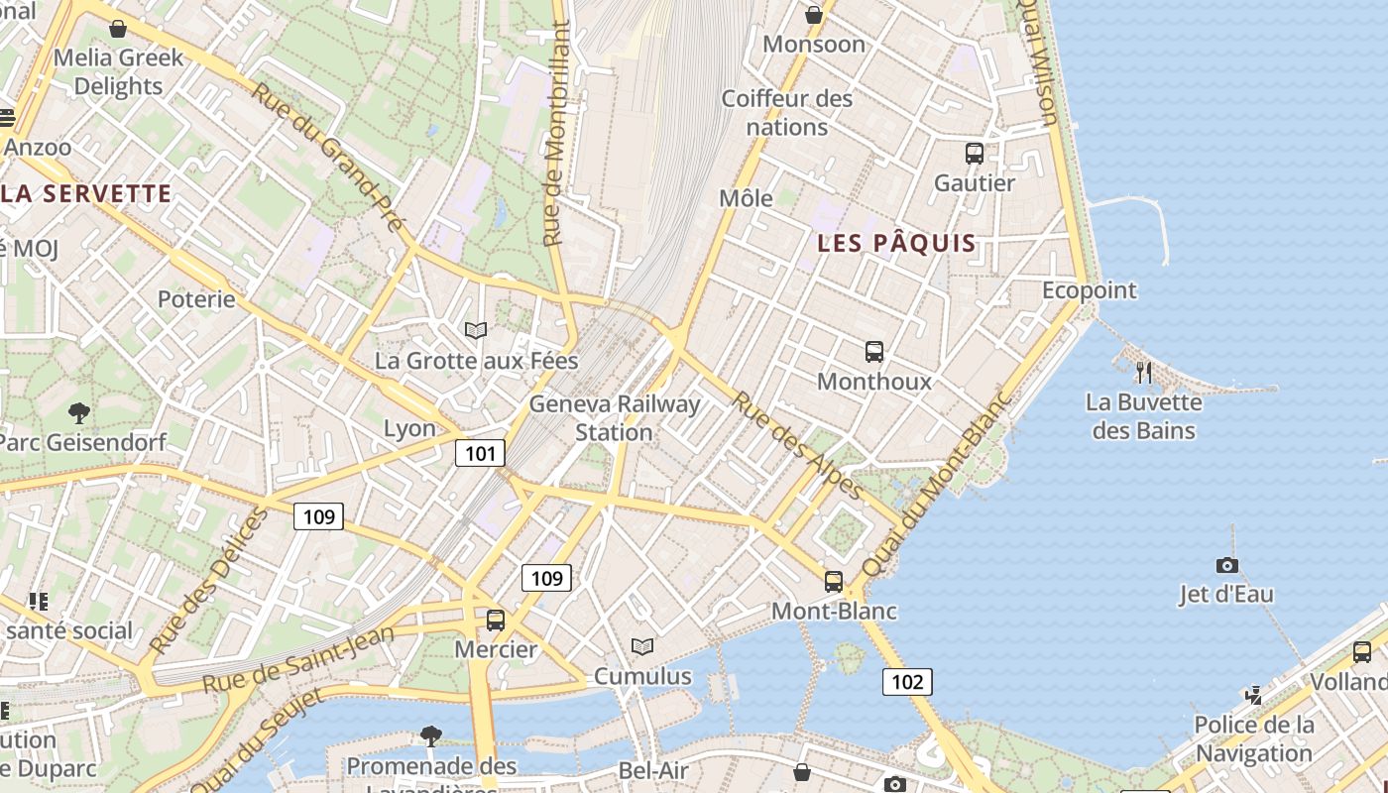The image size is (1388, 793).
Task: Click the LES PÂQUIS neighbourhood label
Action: point(896,243)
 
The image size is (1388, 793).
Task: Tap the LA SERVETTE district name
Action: point(86,193)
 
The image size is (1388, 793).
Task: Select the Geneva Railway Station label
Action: point(615,418)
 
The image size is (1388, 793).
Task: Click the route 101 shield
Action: point(480,454)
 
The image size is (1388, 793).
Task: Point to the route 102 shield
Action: point(907,681)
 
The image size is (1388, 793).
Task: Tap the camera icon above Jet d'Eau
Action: point(1227,565)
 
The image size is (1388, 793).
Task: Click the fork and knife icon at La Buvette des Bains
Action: point(1144,373)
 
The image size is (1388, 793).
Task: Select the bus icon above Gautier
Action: point(975,154)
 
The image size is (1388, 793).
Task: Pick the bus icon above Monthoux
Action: point(874,352)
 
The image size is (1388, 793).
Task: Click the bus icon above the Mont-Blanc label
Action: point(834,582)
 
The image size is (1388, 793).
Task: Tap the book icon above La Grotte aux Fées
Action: point(476,330)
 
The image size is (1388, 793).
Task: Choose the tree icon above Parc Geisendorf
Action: point(79,412)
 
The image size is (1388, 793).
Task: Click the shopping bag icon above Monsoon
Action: point(814,15)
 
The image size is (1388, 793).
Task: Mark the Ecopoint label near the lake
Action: point(1089,290)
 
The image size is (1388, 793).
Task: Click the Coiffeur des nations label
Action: point(787,113)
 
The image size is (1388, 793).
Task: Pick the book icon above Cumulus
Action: point(642,647)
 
